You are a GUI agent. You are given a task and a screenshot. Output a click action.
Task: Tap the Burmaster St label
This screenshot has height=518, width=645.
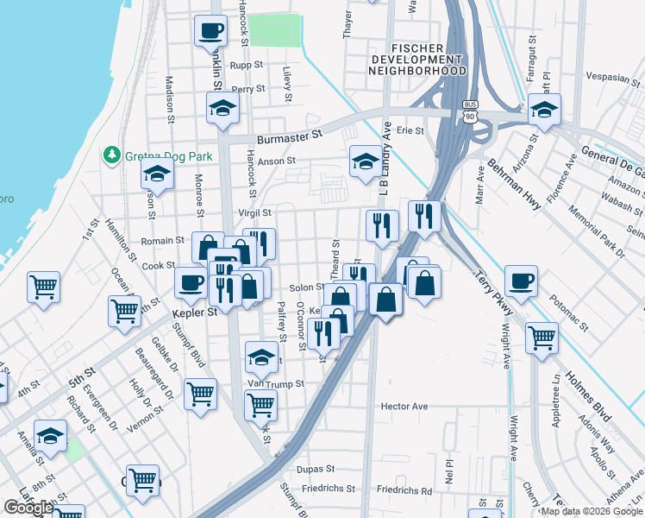289,136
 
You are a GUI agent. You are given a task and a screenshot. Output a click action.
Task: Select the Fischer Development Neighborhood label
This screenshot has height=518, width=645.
417,59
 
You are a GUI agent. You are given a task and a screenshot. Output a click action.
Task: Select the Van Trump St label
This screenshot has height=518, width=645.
277,383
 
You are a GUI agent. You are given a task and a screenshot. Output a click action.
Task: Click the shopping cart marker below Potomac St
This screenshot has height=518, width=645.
542,338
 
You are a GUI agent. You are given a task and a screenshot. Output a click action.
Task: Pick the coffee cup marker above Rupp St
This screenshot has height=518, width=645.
211,31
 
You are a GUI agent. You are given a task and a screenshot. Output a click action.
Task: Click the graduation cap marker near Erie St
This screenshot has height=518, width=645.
544,110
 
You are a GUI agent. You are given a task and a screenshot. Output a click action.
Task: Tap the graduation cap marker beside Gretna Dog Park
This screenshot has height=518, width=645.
158,174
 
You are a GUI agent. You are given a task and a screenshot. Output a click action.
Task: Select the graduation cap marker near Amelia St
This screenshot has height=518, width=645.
51,436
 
